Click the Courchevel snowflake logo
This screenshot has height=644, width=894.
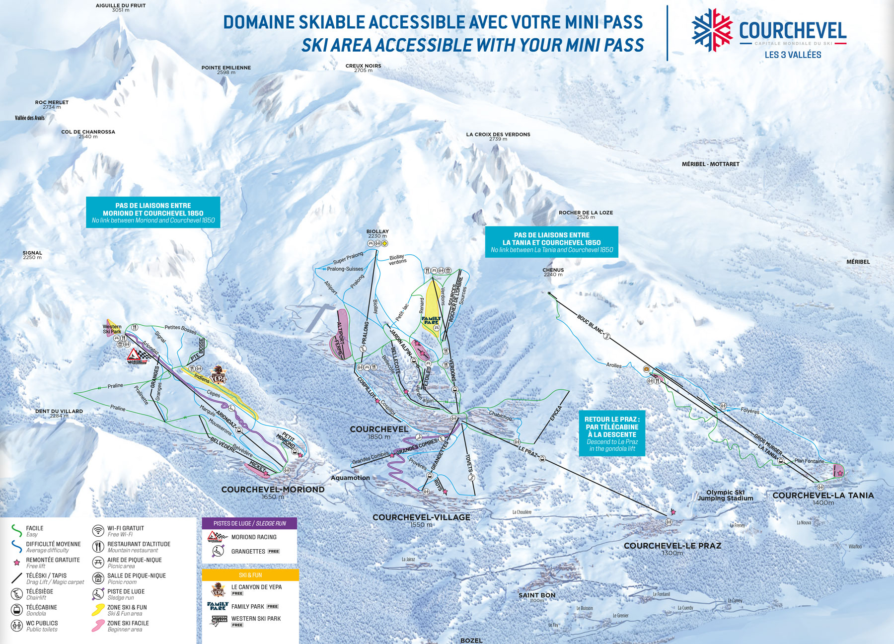[712, 30]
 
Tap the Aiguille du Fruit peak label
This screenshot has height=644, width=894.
[121, 7]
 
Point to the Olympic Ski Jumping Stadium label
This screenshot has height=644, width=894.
[725, 495]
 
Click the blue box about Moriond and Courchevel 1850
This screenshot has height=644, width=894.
[153, 213]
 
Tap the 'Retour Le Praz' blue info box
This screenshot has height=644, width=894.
[612, 433]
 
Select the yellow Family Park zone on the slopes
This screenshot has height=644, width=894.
[431, 308]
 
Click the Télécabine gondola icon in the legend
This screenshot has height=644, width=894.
[17, 610]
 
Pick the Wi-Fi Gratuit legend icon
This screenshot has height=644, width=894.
[98, 531]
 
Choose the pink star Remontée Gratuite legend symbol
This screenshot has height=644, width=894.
[17, 563]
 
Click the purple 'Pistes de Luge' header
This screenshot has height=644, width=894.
[249, 523]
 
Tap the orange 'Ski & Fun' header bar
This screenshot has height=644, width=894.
[250, 575]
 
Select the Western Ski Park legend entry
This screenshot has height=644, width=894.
[256, 619]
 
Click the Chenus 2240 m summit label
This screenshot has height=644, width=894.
[553, 272]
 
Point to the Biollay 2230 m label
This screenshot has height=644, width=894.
[377, 233]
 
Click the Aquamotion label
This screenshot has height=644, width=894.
[350, 478]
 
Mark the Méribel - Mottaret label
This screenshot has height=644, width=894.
[710, 164]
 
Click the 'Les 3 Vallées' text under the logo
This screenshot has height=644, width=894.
[793, 55]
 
